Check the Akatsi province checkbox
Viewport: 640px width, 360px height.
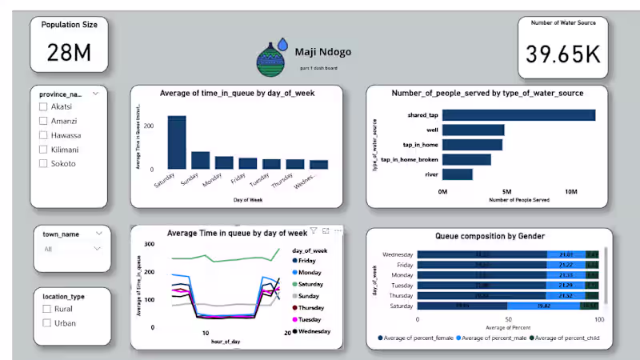tap(44, 106)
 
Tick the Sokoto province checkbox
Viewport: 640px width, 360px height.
tap(44, 163)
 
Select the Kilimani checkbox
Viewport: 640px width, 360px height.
tap(44, 150)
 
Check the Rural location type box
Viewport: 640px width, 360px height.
tap(47, 309)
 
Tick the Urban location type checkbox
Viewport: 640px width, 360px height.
tap(47, 323)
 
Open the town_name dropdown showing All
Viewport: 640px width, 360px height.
tap(72, 249)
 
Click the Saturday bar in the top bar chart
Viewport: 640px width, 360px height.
tap(176, 142)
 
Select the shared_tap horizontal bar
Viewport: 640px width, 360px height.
tap(518, 115)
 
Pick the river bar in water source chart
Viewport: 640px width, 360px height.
tap(458, 174)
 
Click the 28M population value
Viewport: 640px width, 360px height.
tap(70, 53)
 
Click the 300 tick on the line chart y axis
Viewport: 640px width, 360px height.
tap(148, 244)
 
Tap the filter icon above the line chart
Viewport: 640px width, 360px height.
tap(314, 230)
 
